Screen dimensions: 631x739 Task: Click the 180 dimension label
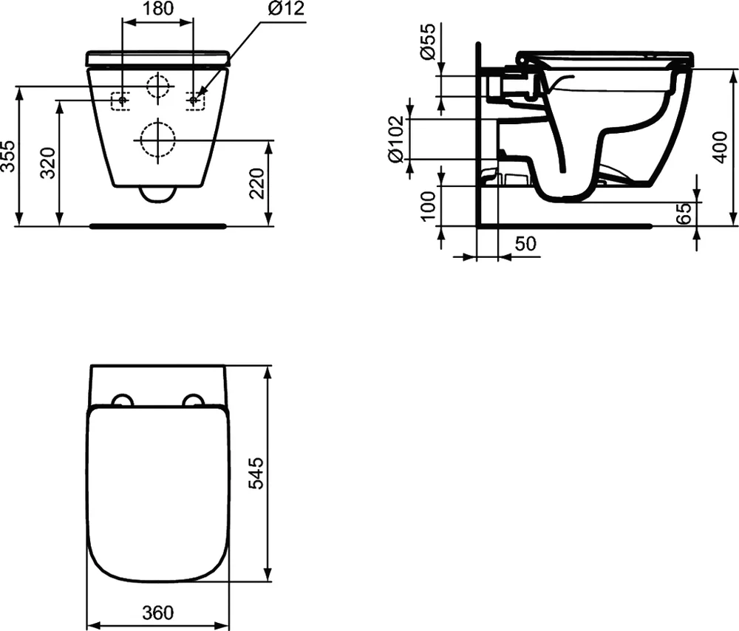pos(157,10)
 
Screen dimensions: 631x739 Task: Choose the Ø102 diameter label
pos(395,138)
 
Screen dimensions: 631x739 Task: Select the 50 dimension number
pos(525,244)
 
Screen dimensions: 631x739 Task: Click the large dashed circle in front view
pos(157,139)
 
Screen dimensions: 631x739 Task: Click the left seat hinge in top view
pos(121,400)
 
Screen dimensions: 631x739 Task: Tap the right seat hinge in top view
pos(193,400)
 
